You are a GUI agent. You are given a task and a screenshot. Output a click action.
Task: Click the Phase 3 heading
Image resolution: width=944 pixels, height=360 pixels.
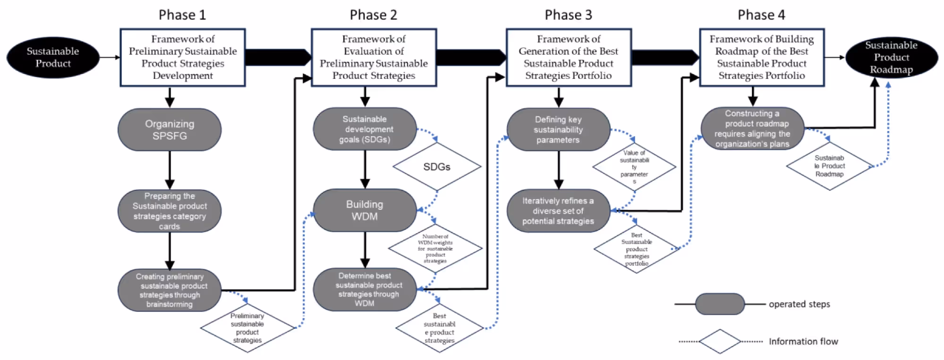click(568, 15)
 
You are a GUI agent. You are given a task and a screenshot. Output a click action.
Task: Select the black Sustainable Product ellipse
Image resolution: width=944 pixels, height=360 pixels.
click(53, 57)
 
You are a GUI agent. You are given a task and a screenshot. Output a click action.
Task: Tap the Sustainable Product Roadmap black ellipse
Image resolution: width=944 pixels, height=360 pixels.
click(891, 57)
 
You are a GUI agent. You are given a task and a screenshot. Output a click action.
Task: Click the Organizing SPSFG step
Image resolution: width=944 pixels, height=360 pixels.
click(170, 130)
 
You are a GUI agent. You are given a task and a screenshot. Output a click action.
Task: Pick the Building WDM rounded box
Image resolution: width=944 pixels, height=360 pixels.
click(365, 210)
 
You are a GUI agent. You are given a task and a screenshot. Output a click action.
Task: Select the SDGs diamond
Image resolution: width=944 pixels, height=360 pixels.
click(437, 167)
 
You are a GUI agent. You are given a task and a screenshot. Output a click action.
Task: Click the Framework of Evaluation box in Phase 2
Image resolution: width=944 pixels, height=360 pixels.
click(374, 57)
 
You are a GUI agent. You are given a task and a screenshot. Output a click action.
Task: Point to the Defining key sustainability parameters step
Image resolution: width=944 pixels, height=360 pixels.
click(558, 129)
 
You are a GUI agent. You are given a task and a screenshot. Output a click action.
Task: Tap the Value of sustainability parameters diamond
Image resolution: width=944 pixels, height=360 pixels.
click(634, 167)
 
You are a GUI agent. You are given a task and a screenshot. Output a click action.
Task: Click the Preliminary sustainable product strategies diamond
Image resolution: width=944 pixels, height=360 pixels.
click(247, 328)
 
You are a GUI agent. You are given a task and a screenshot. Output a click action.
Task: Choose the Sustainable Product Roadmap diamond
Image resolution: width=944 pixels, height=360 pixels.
click(829, 166)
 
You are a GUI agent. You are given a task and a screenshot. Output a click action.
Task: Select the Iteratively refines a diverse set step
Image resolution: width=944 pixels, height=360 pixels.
click(558, 211)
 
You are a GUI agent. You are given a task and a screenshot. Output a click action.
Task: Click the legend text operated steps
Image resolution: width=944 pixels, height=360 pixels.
click(799, 304)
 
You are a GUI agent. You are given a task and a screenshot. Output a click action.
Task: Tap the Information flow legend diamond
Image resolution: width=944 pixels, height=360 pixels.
click(720, 341)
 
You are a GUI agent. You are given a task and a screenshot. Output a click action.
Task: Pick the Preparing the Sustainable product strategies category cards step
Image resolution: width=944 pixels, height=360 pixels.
click(170, 211)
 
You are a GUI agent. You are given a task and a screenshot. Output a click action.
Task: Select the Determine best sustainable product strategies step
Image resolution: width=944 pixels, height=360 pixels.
click(365, 289)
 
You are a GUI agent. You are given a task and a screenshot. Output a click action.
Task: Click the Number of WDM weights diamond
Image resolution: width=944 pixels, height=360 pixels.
click(435, 249)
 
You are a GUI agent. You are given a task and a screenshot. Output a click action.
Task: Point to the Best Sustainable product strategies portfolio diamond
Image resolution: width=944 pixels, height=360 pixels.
click(637, 249)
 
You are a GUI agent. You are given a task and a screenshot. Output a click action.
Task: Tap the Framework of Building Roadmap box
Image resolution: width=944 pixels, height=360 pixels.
click(761, 57)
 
